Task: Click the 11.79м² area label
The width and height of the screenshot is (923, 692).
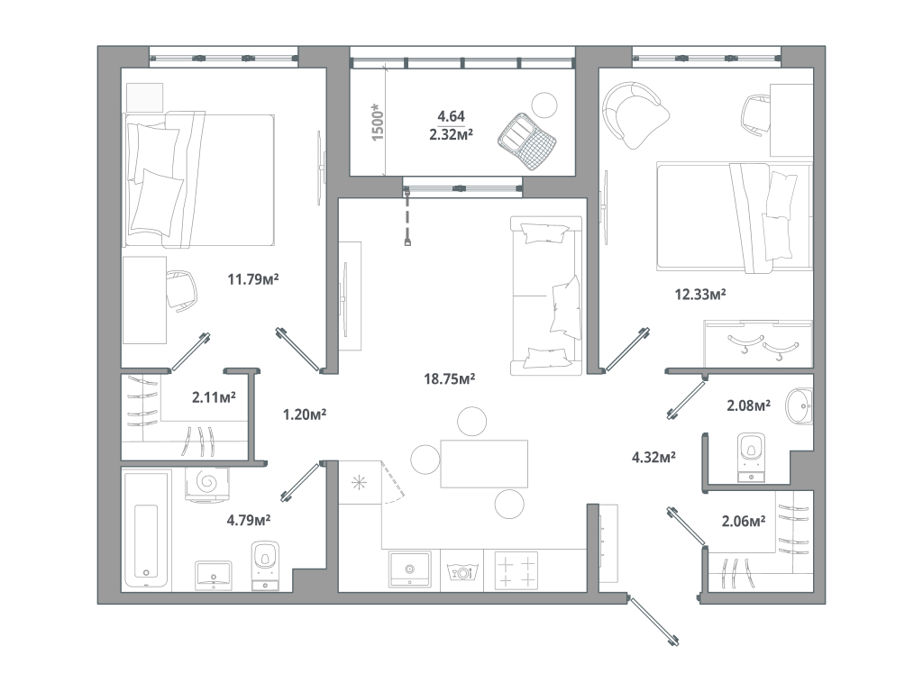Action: click(x=252, y=279)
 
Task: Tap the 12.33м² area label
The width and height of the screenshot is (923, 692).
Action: click(x=701, y=294)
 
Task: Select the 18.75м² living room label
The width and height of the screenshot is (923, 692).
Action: click(x=450, y=378)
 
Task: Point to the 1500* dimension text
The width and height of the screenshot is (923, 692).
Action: click(x=379, y=120)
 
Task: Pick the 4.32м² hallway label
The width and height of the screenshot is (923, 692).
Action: click(x=653, y=458)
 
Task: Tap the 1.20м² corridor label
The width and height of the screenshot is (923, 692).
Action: click(x=304, y=414)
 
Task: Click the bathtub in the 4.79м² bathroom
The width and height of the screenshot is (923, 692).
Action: click(x=146, y=539)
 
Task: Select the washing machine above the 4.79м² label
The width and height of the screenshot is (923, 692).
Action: click(x=208, y=483)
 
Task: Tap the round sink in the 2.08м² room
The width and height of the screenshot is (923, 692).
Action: click(x=799, y=407)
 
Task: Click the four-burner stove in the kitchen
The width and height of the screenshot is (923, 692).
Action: click(x=517, y=570)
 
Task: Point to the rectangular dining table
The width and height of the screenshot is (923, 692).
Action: click(x=483, y=463)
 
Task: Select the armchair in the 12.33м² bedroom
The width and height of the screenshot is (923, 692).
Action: click(x=636, y=113)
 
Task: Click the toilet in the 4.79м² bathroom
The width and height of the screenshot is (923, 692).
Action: click(x=264, y=560)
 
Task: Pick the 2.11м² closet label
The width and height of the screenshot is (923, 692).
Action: click(x=214, y=396)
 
